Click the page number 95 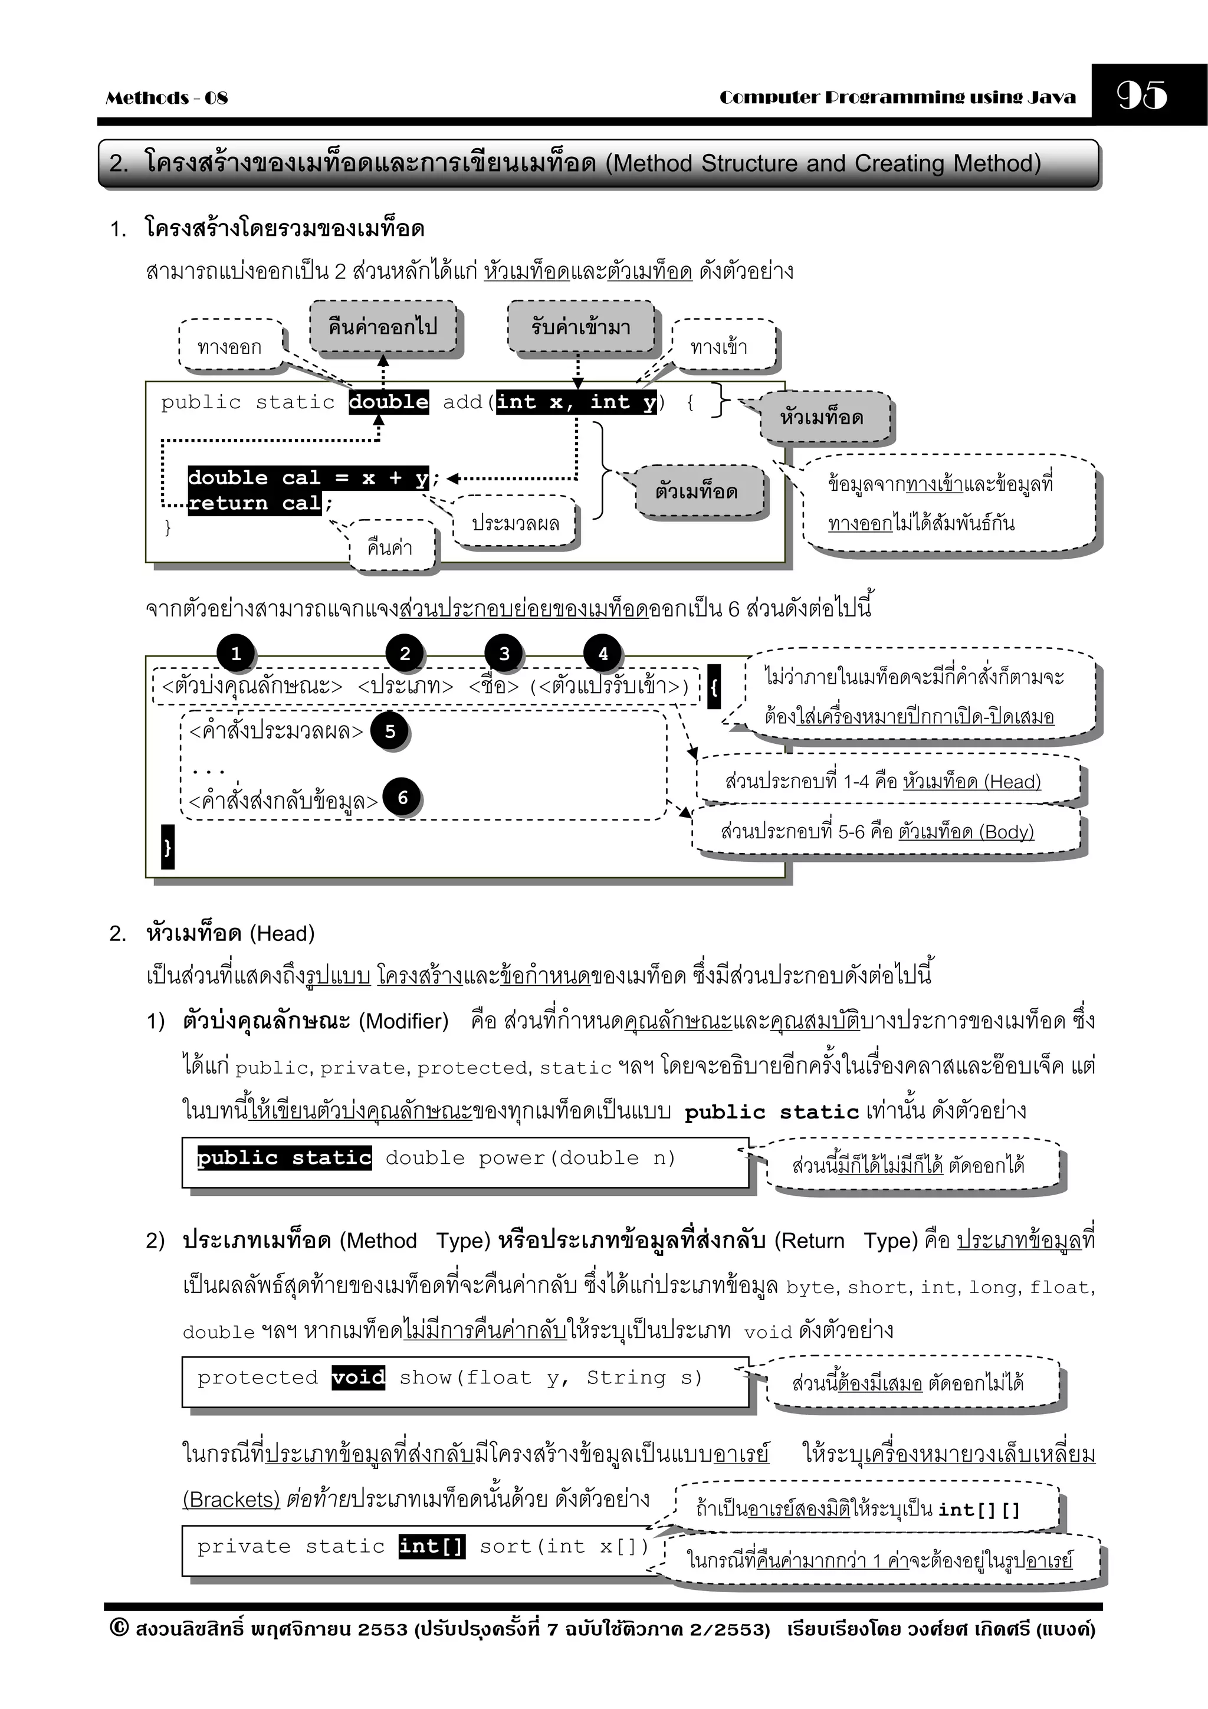(x=1142, y=94)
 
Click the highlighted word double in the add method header (x=389, y=402)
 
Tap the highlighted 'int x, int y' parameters (x=577, y=402)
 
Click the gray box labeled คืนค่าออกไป (x=383, y=327)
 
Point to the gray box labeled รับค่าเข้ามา (x=580, y=327)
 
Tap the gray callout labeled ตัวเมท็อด (x=697, y=491)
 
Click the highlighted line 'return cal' (x=254, y=503)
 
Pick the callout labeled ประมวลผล (x=515, y=523)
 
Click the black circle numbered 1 (x=236, y=654)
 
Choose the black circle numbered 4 (x=603, y=654)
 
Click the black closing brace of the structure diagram (x=168, y=847)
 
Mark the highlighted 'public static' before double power (x=284, y=1157)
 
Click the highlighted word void (x=359, y=1377)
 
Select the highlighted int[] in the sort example (x=432, y=1546)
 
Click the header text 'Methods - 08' (x=167, y=97)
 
